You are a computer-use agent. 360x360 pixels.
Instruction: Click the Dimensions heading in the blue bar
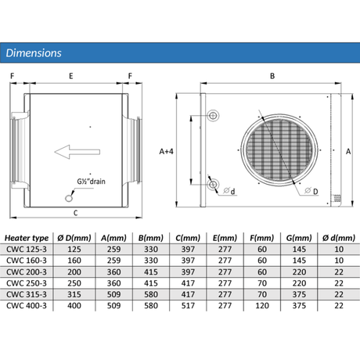point(34,53)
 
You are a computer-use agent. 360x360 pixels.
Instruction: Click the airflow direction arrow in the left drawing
point(77,152)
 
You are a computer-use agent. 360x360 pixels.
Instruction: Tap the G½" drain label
point(91,182)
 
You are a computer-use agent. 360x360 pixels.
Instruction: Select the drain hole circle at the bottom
point(69,198)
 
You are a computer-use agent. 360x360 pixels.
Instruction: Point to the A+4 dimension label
point(166,151)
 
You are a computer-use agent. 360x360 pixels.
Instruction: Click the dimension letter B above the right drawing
point(272,76)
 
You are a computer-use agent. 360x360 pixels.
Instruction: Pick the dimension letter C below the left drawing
point(76,213)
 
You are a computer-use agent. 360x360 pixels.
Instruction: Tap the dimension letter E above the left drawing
point(71,76)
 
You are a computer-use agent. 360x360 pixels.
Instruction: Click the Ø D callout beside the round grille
point(311,191)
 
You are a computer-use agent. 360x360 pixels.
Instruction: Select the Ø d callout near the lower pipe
point(229,191)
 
